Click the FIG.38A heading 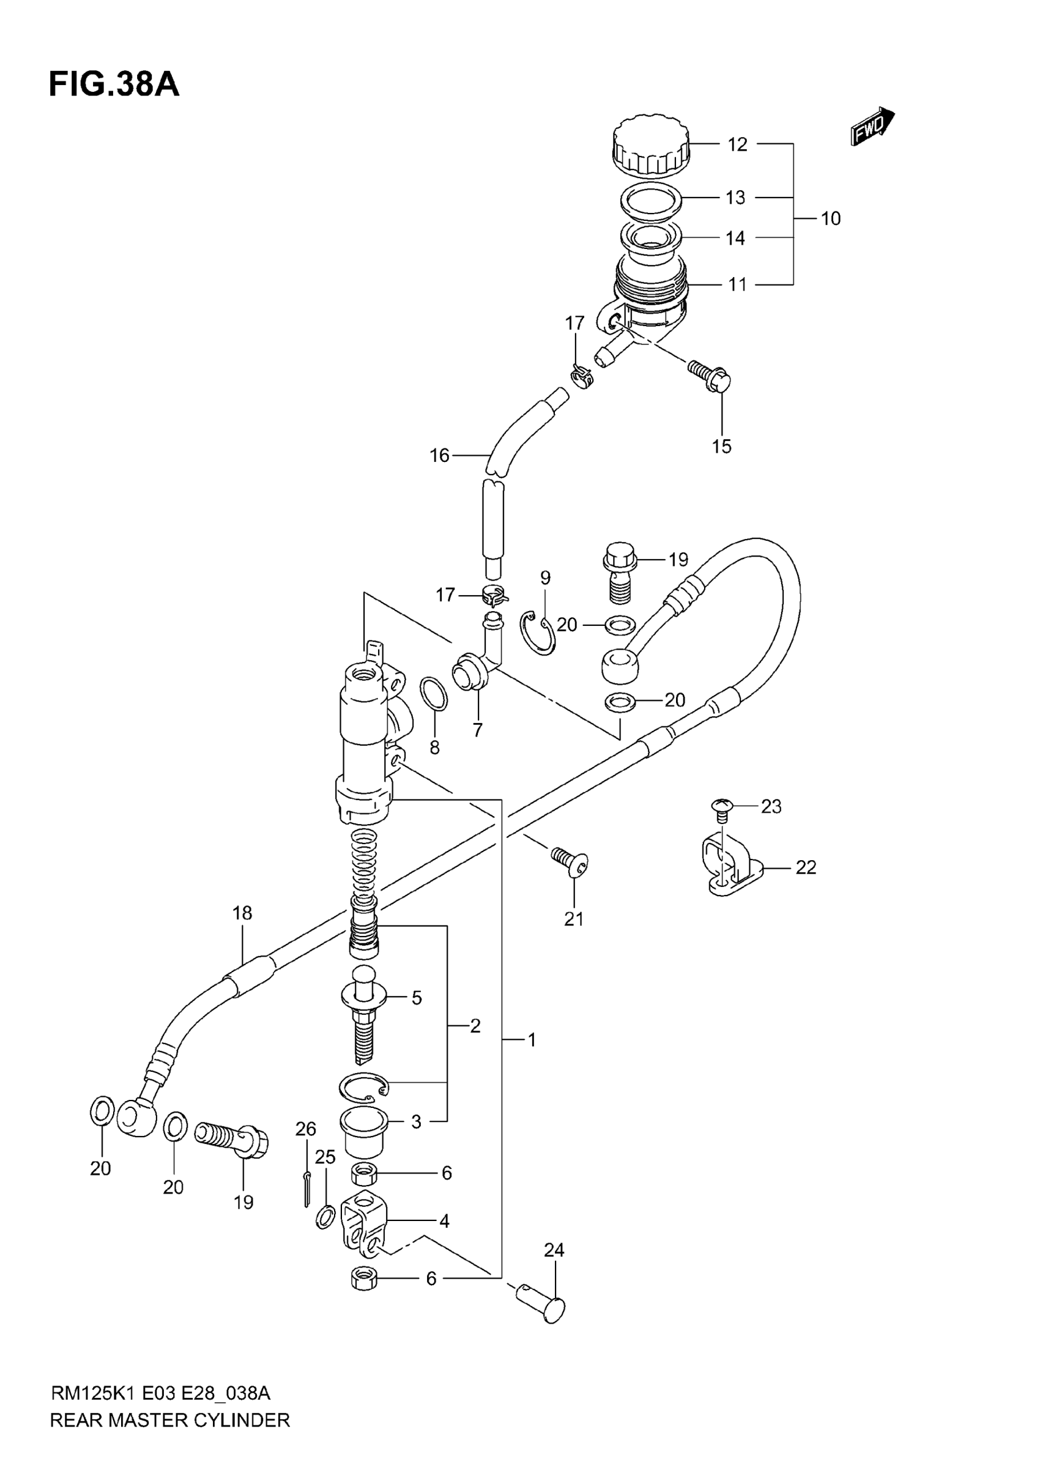coord(114,84)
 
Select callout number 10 coord(831,219)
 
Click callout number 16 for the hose coord(439,456)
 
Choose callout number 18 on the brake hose coord(242,913)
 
